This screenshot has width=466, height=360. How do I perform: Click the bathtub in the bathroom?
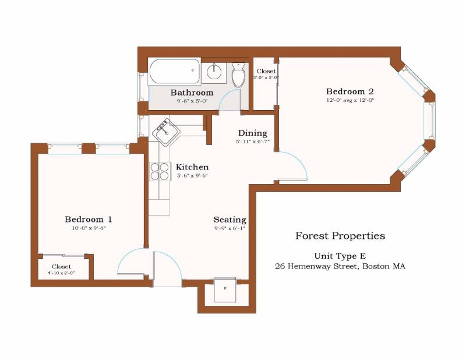(x=174, y=72)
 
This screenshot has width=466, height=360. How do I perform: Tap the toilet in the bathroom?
(x=238, y=76)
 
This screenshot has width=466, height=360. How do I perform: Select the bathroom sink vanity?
(x=214, y=72)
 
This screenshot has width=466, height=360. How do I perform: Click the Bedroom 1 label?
(x=88, y=219)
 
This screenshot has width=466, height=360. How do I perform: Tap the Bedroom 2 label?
(x=349, y=91)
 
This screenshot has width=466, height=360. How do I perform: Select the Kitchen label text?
(x=192, y=167)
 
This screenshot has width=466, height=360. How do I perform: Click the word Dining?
(x=252, y=133)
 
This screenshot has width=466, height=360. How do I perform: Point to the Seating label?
(x=230, y=220)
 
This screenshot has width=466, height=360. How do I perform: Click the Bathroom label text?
(x=192, y=93)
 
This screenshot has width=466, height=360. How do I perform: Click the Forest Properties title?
(x=340, y=236)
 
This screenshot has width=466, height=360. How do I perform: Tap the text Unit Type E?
(x=340, y=256)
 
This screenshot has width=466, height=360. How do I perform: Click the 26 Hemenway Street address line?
(x=340, y=266)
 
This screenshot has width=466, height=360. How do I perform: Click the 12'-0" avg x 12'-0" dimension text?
(x=349, y=100)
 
